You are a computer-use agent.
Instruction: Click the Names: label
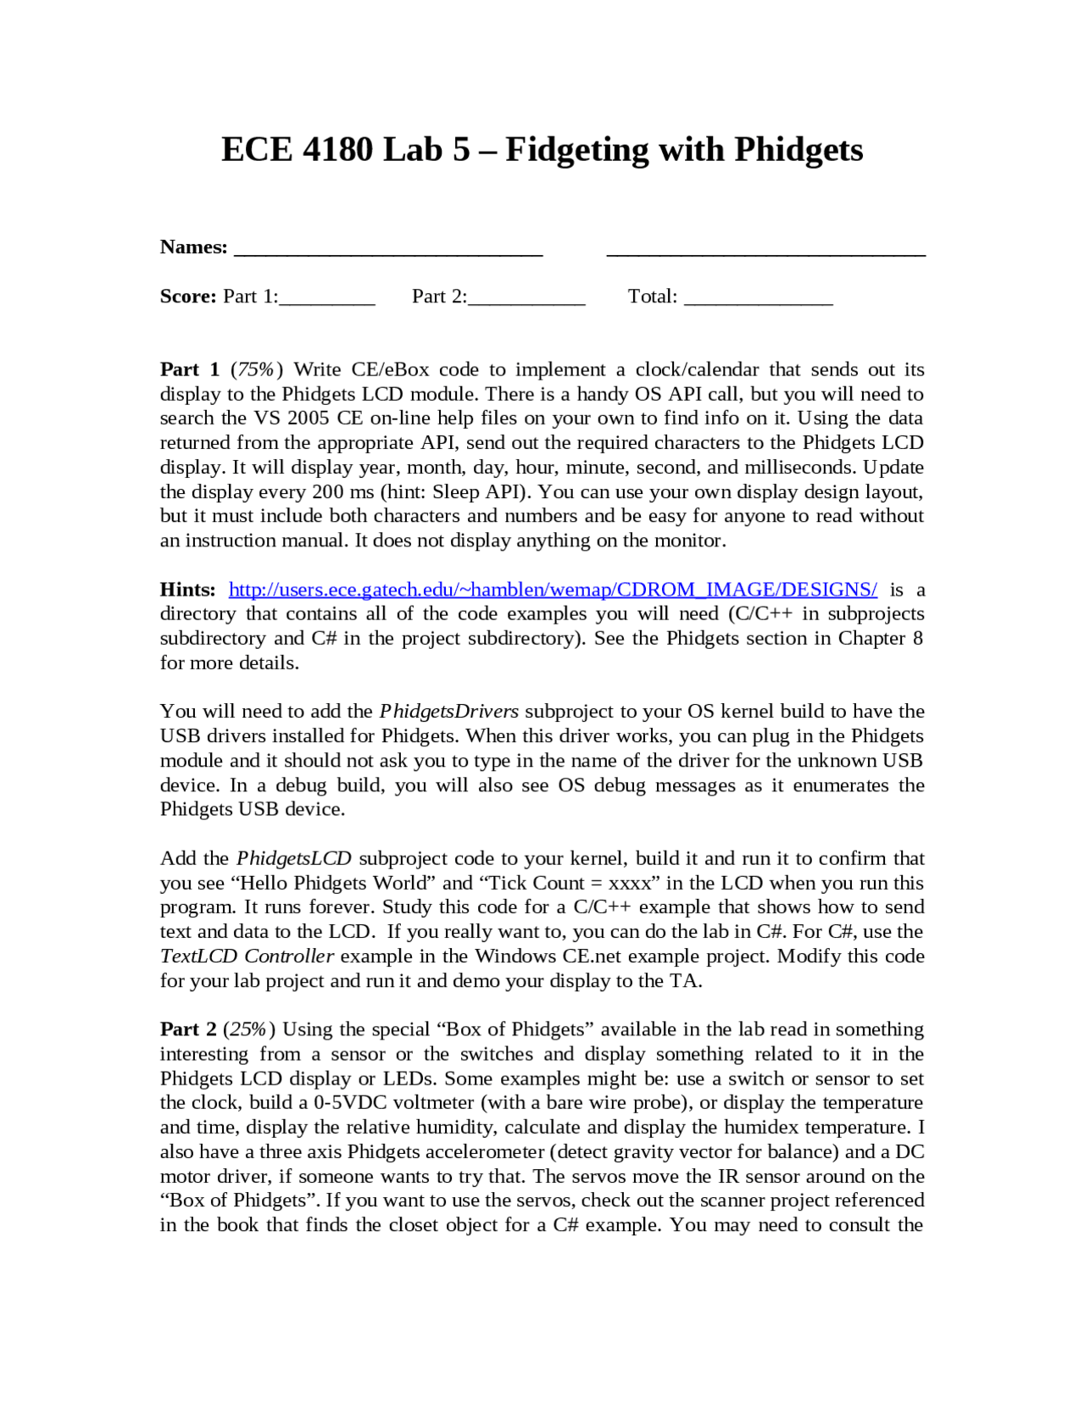(x=193, y=247)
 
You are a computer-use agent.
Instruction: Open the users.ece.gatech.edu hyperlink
(x=553, y=590)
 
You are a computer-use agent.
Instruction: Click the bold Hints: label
(x=187, y=590)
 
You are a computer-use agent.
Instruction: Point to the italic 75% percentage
(x=256, y=369)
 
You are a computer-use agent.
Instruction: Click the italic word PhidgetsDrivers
(x=448, y=712)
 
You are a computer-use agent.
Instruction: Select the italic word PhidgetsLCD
(x=293, y=858)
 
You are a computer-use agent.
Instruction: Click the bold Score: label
(x=188, y=297)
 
